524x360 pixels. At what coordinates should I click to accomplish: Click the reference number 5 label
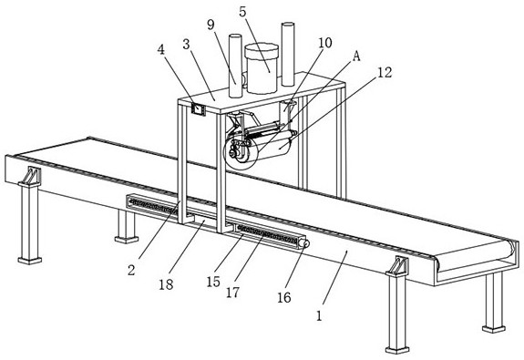[x=242, y=12]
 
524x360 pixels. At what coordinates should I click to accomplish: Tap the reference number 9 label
[x=211, y=25]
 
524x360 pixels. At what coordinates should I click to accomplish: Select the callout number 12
[x=385, y=72]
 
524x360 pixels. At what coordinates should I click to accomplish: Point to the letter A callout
[x=356, y=57]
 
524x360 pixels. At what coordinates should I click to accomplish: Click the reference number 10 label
[x=324, y=43]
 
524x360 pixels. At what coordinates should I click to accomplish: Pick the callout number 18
[x=166, y=284]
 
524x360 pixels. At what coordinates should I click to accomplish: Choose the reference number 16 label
[x=284, y=297]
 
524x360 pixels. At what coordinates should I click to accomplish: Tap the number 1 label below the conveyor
[x=319, y=315]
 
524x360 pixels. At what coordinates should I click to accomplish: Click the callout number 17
[x=233, y=293]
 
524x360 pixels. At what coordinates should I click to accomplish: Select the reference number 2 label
[x=131, y=270]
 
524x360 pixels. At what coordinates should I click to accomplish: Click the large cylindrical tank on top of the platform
[x=262, y=68]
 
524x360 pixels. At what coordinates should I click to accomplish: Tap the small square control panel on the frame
[x=198, y=109]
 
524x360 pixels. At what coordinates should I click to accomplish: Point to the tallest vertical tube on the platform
[x=288, y=54]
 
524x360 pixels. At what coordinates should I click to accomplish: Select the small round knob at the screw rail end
[x=304, y=243]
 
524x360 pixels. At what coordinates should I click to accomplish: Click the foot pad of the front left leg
[x=30, y=261]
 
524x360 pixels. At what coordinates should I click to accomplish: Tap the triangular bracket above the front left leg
[x=31, y=176]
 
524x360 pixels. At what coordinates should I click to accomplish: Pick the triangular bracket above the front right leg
[x=397, y=265]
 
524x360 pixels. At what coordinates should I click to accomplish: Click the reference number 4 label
[x=161, y=49]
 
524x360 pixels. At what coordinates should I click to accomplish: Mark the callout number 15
[x=213, y=282]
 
